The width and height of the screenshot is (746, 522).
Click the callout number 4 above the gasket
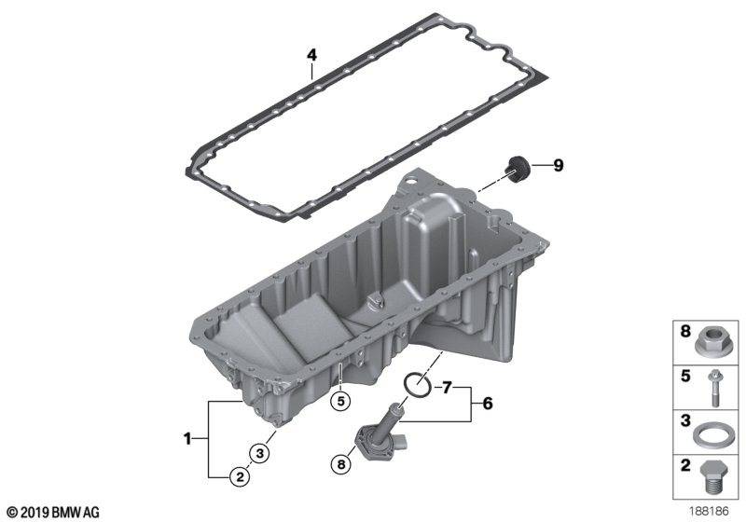click(311, 55)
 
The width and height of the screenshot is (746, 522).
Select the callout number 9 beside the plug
click(558, 165)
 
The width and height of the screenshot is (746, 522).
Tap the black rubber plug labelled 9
click(516, 169)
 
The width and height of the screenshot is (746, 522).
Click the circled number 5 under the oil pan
click(340, 401)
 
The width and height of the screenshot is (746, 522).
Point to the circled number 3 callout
click(259, 453)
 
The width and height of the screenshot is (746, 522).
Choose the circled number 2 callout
click(240, 476)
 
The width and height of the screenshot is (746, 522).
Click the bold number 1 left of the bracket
click(187, 438)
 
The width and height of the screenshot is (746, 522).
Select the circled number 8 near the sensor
click(340, 463)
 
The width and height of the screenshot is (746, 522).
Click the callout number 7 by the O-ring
click(447, 388)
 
